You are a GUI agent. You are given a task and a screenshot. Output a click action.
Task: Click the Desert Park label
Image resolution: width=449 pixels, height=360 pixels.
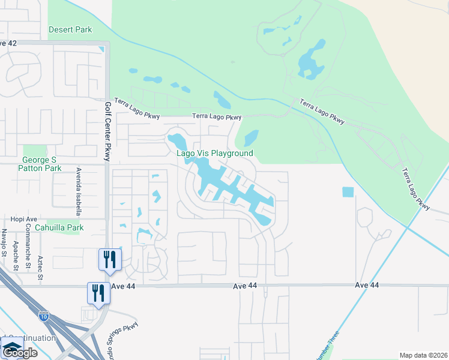pos(70,29)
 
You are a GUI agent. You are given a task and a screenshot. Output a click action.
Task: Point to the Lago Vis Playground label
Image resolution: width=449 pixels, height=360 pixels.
pos(214,154)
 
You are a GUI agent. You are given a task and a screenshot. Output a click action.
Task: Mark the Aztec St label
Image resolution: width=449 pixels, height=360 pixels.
pos(40,267)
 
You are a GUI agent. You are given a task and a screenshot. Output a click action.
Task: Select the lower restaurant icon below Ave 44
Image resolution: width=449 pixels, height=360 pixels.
pos(98,293)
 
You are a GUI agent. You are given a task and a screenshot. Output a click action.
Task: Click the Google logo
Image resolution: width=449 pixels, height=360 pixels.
pos(19,353)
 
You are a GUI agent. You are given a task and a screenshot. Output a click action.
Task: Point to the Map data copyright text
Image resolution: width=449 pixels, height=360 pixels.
pos(423,355)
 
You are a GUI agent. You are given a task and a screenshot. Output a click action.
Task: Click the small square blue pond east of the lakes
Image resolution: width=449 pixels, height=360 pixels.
pos(348,192)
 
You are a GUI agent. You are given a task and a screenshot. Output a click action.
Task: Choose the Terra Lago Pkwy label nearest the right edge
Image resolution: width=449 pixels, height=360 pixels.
pos(417,188)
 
